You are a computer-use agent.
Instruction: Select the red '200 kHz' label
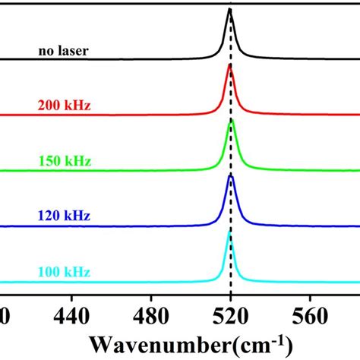click(x=64, y=107)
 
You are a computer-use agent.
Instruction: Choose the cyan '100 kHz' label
click(x=64, y=272)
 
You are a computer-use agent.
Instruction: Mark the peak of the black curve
click(x=230, y=11)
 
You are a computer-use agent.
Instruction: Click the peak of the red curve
click(x=231, y=66)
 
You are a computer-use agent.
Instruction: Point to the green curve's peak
click(x=232, y=120)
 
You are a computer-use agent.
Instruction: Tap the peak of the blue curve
click(x=231, y=175)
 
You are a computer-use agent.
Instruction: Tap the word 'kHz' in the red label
click(x=77, y=107)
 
